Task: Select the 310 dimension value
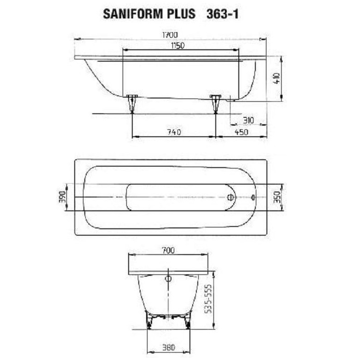click(x=248, y=120)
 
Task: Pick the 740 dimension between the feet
click(x=173, y=132)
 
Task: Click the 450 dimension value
click(x=241, y=132)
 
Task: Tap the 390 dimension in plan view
click(x=62, y=197)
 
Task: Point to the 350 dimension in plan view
click(x=276, y=197)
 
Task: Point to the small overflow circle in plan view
click(x=252, y=197)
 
